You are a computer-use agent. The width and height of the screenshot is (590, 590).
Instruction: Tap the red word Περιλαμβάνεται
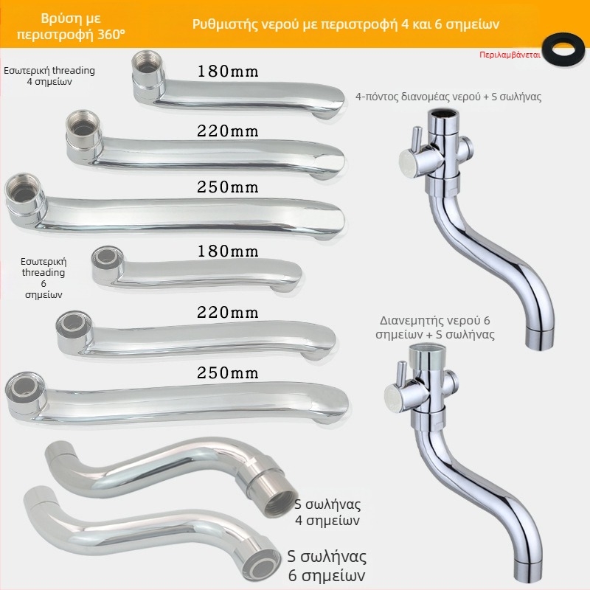pyautogui.click(x=510, y=55)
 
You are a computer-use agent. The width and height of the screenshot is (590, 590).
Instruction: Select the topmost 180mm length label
pyautogui.click(x=228, y=71)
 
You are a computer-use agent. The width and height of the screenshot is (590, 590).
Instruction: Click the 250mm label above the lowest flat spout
pyautogui.click(x=228, y=373)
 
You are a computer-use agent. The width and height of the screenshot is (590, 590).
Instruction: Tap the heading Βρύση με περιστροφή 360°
pyautogui.click(x=71, y=27)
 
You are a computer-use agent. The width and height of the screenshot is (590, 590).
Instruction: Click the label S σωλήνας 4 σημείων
pyautogui.click(x=327, y=512)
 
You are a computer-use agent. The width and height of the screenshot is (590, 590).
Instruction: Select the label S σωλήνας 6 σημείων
pyautogui.click(x=327, y=566)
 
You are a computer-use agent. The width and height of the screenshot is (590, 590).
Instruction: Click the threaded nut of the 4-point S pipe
pyautogui.click(x=268, y=493)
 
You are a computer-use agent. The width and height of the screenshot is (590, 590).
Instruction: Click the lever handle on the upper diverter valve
pyautogui.click(x=416, y=139)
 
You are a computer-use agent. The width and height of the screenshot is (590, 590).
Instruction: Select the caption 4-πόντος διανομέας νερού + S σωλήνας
pyautogui.click(x=448, y=97)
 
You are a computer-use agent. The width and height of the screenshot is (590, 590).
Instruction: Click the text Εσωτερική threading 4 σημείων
pyautogui.click(x=49, y=76)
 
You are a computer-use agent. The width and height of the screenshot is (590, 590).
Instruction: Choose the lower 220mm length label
pyautogui.click(x=228, y=312)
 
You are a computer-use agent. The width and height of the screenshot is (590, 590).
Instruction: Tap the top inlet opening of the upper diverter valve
pyautogui.click(x=444, y=112)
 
